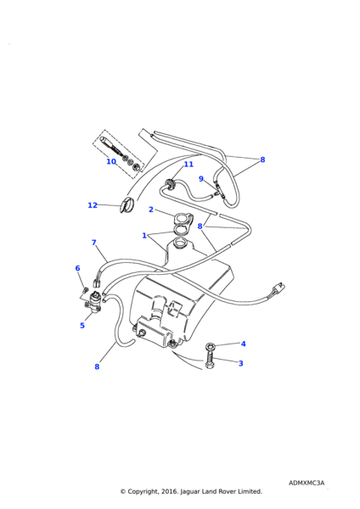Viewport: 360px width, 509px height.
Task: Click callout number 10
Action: [x=111, y=161]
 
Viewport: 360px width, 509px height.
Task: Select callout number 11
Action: [x=188, y=165]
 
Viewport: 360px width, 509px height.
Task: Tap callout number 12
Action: [x=93, y=205]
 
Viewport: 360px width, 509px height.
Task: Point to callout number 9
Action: [x=201, y=179]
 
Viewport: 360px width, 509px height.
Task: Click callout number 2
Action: [x=151, y=210]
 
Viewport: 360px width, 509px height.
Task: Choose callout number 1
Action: [x=144, y=235]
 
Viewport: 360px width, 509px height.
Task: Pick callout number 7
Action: [x=94, y=243]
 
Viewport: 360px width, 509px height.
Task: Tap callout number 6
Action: [x=77, y=268]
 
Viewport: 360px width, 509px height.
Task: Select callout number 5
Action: [x=82, y=325]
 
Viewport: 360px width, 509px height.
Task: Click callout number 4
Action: [x=244, y=344]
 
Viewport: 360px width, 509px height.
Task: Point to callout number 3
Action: [x=241, y=363]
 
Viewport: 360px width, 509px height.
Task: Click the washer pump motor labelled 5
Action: [x=94, y=303]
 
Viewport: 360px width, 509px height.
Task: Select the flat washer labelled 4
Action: [x=209, y=346]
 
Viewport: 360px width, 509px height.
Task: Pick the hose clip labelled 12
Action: [x=126, y=204]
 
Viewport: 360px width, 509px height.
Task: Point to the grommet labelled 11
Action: [x=171, y=184]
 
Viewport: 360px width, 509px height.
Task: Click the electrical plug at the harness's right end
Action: [x=279, y=288]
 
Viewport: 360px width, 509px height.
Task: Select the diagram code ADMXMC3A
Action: [x=307, y=483]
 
